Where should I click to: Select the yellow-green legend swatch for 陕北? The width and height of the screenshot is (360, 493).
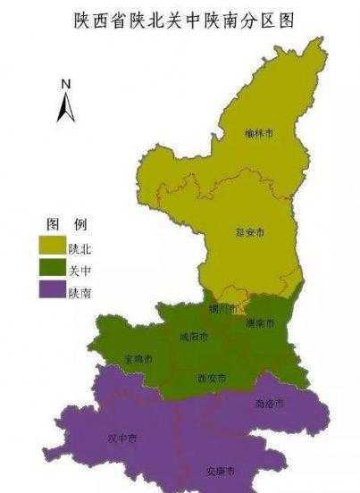(x=51, y=242)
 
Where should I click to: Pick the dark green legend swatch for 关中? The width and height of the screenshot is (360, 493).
(x=51, y=266)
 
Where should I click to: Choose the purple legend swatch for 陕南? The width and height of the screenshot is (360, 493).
(x=51, y=290)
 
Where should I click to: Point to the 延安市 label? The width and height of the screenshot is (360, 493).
(x=252, y=232)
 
